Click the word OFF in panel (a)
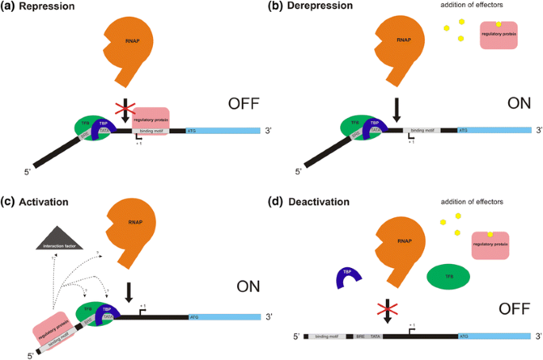(240, 103)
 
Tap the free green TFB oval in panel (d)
(448, 277)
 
